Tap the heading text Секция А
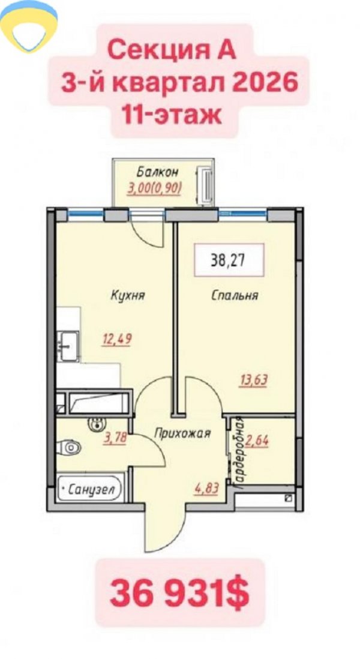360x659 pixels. click(172, 51)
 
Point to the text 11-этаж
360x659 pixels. click(172, 115)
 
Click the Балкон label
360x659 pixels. click(158, 172)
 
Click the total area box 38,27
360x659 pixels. click(229, 260)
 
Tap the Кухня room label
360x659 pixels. click(128, 295)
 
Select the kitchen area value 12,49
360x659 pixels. click(116, 339)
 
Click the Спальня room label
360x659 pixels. click(235, 295)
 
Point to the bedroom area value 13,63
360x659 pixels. click(253, 381)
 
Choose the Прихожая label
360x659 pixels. click(182, 433)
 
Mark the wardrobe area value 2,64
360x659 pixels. click(257, 441)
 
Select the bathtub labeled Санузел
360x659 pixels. click(90, 489)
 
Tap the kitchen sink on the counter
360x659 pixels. click(68, 346)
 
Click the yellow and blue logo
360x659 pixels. click(29, 26)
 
